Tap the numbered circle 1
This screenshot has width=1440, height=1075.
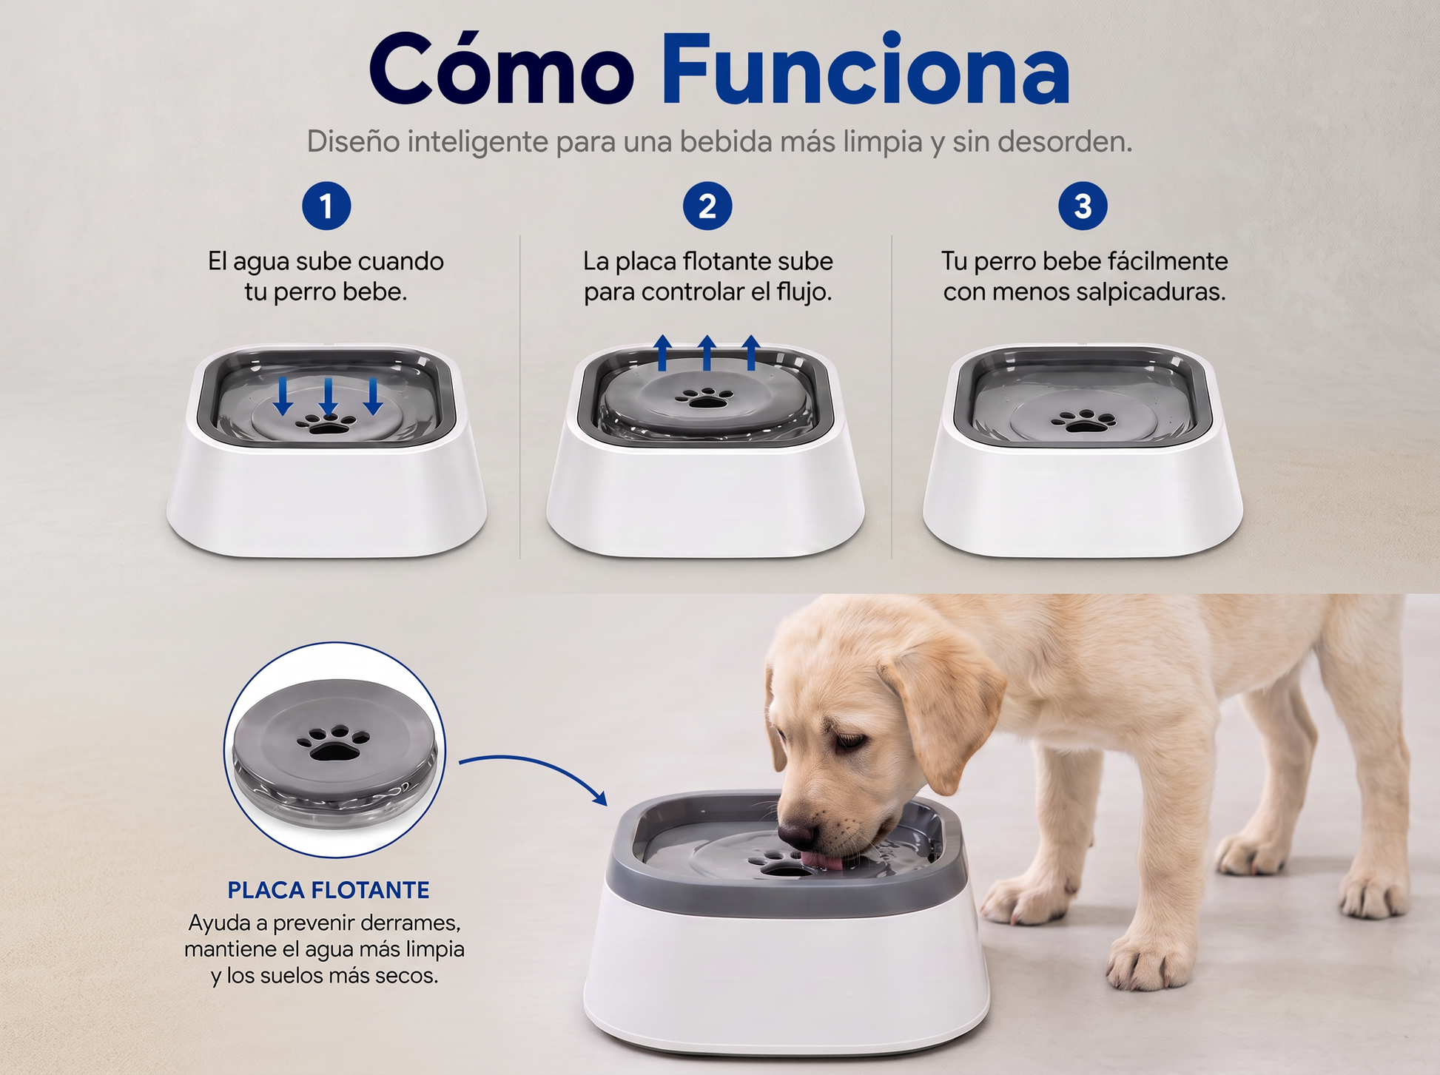pos(326,206)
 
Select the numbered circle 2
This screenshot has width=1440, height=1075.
pos(707,206)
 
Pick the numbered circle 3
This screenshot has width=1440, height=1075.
pos(1083,206)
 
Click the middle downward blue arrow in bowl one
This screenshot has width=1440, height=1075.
pos(328,397)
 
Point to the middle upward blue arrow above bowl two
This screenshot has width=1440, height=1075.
pos(707,352)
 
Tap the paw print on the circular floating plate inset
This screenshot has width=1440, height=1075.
pos(334,742)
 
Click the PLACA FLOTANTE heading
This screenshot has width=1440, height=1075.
pos(329,890)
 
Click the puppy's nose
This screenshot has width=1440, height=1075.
pos(795,835)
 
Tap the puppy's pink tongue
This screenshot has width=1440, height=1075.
pos(821,860)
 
